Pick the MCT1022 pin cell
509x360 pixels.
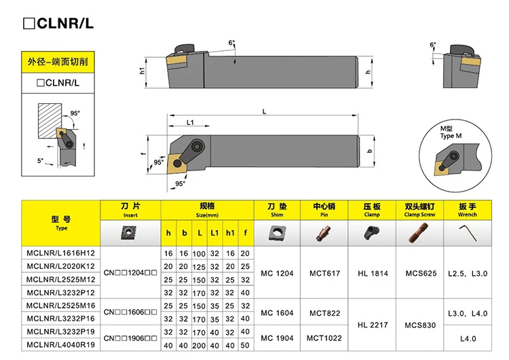pos(324,338)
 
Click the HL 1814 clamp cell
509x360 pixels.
pos(372,274)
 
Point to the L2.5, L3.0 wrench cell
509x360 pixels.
pos(468,274)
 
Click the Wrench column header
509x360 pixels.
pos(468,210)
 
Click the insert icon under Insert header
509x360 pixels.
pos(130,233)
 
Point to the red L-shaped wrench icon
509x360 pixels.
pos(468,233)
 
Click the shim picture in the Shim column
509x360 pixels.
pos(276,233)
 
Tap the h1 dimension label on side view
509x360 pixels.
pos(142,71)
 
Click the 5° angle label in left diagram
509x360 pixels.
pos(41,161)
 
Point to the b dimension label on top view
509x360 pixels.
pos(369,151)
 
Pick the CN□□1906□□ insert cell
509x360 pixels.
pos(130,338)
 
